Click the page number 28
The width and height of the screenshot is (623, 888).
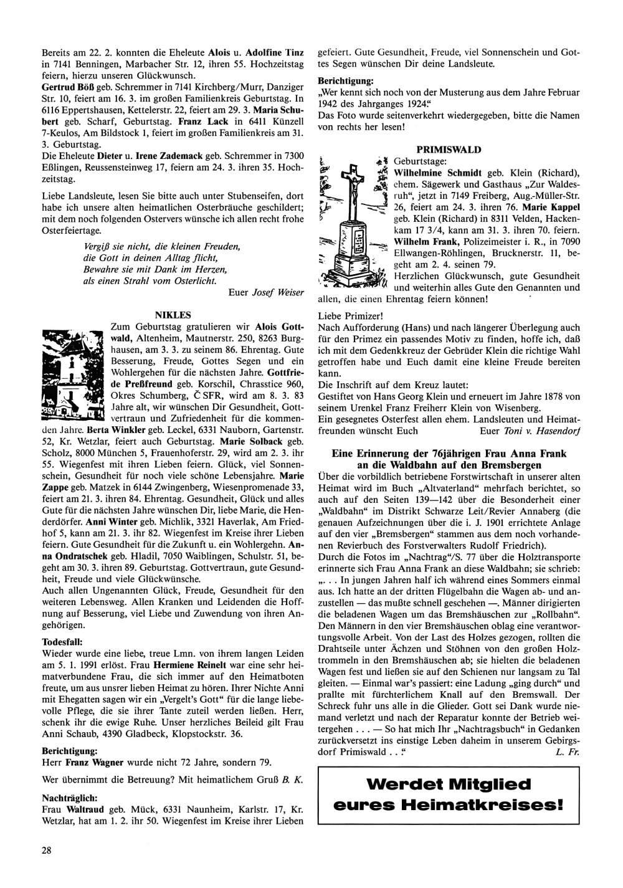(46, 850)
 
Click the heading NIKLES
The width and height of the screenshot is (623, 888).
(173, 315)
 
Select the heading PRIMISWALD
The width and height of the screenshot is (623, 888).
(449, 150)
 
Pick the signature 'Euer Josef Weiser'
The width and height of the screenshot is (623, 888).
(266, 292)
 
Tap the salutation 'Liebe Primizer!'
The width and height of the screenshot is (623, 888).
(350, 316)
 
